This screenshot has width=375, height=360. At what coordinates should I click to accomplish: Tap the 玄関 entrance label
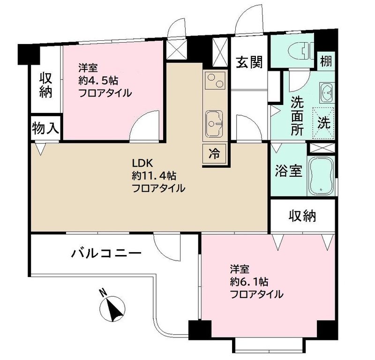tap(248, 61)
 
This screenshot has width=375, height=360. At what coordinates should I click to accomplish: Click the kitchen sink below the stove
tap(214, 125)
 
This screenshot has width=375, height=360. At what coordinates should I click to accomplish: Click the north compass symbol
tap(112, 307)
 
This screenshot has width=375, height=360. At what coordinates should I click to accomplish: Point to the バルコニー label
tap(106, 254)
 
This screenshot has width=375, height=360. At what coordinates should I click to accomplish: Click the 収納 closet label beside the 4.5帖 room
tap(45, 85)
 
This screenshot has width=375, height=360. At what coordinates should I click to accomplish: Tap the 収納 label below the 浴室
tap(302, 216)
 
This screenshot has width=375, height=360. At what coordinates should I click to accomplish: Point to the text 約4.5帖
tap(98, 80)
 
